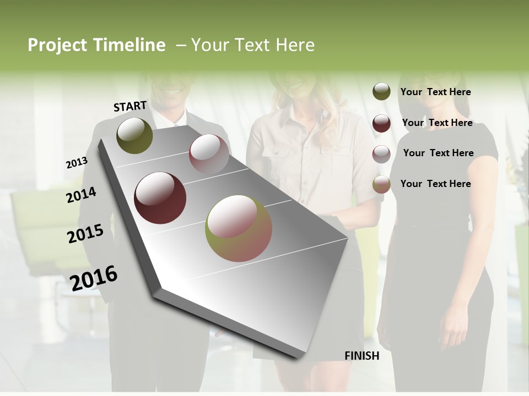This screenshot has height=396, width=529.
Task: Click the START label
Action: pos(130,106)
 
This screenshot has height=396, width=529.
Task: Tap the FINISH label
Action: pos(361,356)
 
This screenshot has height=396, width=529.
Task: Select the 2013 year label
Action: pos(77,163)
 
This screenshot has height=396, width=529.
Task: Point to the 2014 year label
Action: pos(81,195)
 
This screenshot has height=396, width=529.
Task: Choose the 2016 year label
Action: pos(94,278)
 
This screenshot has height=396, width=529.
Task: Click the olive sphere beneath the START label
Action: pos(134,135)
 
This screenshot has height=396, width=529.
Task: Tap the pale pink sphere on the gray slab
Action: pos(209,153)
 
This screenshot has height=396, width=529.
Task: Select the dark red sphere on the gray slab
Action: pos(160,198)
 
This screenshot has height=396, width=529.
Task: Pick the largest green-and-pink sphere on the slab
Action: pos(239,228)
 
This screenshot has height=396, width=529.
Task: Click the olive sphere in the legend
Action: pos(381,92)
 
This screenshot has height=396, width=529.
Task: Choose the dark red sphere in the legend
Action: pos(381,123)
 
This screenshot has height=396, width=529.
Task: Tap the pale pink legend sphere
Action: pos(381,153)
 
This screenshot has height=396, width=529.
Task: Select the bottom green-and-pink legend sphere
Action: pos(381,184)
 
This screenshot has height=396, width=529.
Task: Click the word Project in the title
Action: pos(58,45)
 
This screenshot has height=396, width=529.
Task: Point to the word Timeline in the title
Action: pos(129,45)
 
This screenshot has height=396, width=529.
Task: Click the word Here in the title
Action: pos(294,45)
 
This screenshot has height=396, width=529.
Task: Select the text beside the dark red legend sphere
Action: pos(437,123)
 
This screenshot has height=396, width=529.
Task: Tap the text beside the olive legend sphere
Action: pos(435,92)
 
